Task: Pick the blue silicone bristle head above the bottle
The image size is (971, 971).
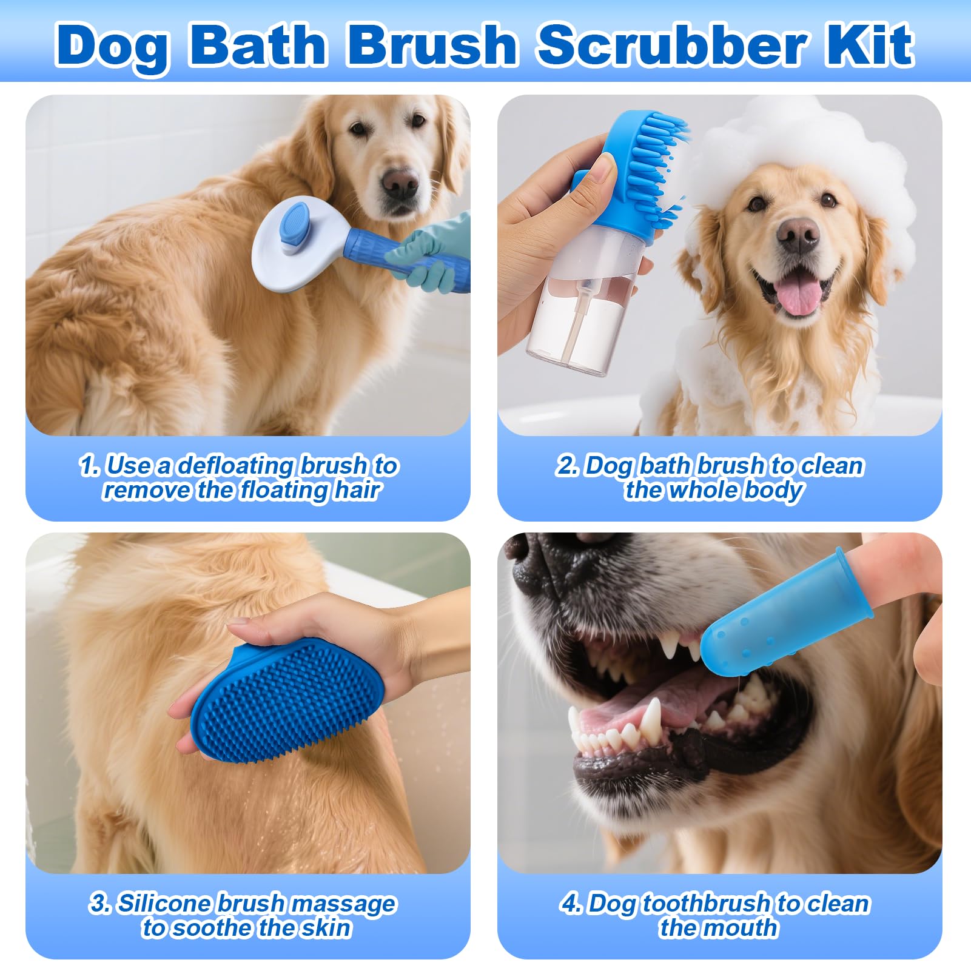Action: [649, 164]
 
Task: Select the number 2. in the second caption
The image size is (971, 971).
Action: [568, 466]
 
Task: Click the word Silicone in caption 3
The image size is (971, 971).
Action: [165, 904]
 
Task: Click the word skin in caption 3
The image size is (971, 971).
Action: [329, 928]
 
